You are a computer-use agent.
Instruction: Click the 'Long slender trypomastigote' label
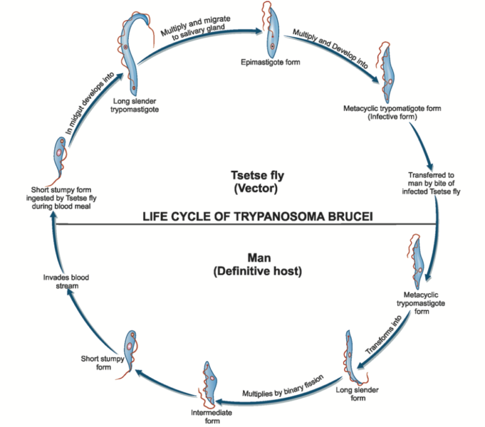point(134,104)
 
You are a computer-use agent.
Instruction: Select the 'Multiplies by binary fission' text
point(283,385)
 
